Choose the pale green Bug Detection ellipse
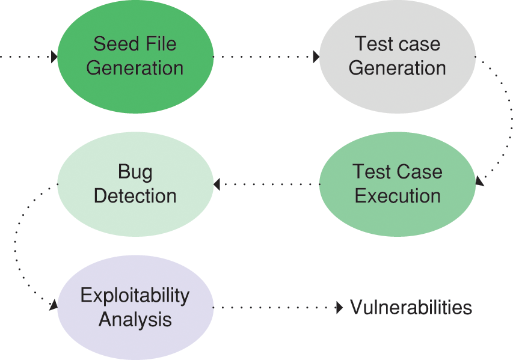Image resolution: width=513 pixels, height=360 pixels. coord(135,184)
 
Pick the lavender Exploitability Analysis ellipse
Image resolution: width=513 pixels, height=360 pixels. coord(135,307)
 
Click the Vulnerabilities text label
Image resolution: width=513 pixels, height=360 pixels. coord(411,308)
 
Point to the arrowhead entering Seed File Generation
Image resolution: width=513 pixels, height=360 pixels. coord(54,57)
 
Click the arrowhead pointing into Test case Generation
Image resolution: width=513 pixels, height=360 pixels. coord(316,57)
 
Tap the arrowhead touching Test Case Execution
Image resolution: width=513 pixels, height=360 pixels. coord(479,180)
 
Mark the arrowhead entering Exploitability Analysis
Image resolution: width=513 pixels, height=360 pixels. coord(54,305)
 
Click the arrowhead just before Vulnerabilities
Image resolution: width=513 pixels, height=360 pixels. coord(338,308)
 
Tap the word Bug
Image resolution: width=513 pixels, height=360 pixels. coord(135,172)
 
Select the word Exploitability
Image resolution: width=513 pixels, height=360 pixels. coord(135,295)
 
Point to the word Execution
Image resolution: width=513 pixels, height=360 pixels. coord(398,196)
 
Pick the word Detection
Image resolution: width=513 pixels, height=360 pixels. coord(135,196)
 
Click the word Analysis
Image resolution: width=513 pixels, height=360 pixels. coord(135,319)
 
